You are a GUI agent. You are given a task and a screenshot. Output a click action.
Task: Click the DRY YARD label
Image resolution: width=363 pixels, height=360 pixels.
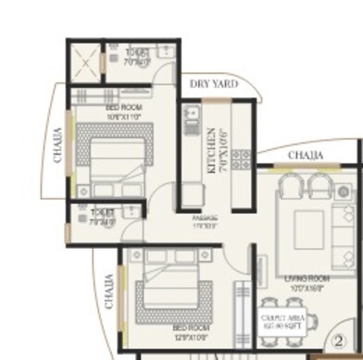point(214,84)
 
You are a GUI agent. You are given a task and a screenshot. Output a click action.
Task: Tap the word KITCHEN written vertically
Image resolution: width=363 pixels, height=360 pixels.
point(212,150)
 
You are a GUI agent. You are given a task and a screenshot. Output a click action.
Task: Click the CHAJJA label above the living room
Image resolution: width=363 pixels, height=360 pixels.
point(305,154)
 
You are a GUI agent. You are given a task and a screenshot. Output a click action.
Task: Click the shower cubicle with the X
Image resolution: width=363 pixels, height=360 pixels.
point(82,62)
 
